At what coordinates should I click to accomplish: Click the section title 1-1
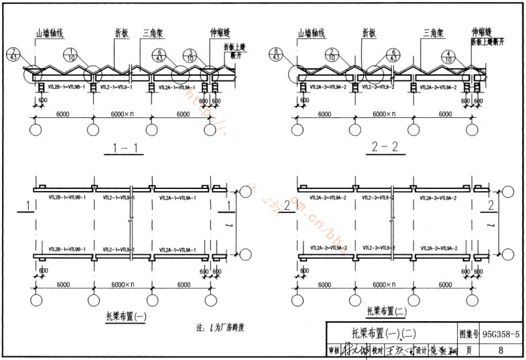click(125, 149)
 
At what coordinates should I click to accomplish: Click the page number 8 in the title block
click(501, 349)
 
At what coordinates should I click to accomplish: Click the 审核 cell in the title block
click(334, 350)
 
